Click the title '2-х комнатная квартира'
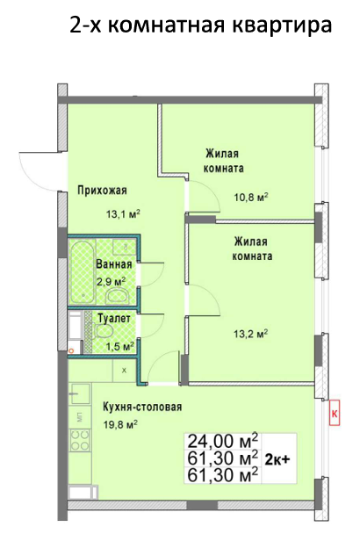pyautogui.click(x=201, y=25)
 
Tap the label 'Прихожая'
pyautogui.click(x=102, y=190)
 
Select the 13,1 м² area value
pyautogui.click(x=123, y=214)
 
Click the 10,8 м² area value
pyautogui.click(x=251, y=198)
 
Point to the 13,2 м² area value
pyautogui.click(x=251, y=334)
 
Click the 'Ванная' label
pyautogui.click(x=114, y=264)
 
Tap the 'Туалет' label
pyautogui.click(x=114, y=318)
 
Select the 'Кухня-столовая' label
pyautogui.click(x=142, y=408)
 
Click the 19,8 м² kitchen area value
pyautogui.click(x=120, y=424)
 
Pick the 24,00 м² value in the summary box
pyautogui.click(x=222, y=440)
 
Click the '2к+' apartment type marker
pyautogui.click(x=277, y=459)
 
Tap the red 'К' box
pyautogui.click(x=335, y=413)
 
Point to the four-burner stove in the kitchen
pyautogui.click(x=80, y=440)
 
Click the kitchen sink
pyautogui.click(x=79, y=393)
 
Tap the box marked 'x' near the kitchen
pyautogui.click(x=124, y=371)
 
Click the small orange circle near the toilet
pyautogui.click(x=71, y=351)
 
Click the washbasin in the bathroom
pyautogui.click(x=117, y=296)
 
